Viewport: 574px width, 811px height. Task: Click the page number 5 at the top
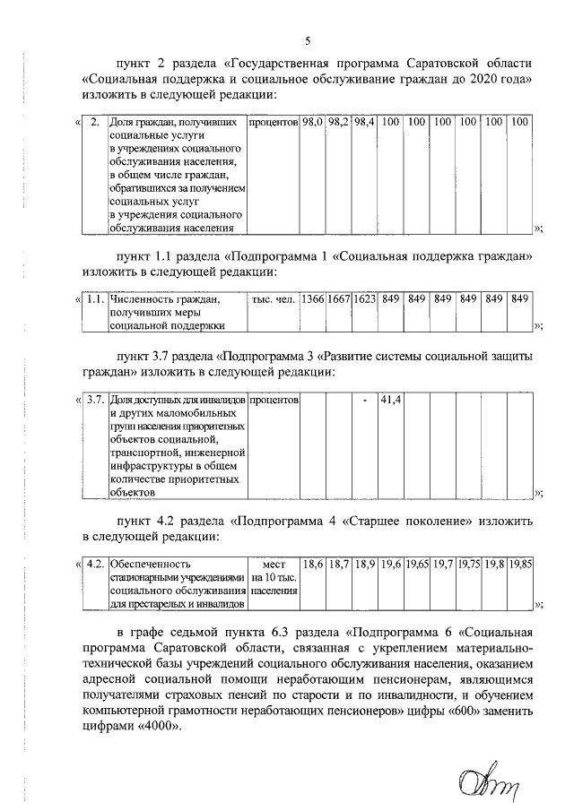(308, 41)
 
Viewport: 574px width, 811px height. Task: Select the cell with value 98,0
(312, 120)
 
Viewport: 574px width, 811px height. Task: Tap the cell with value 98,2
(338, 120)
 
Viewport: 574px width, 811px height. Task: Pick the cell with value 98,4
(364, 120)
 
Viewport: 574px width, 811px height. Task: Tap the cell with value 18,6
(312, 565)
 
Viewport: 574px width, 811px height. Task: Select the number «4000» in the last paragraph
(152, 727)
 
